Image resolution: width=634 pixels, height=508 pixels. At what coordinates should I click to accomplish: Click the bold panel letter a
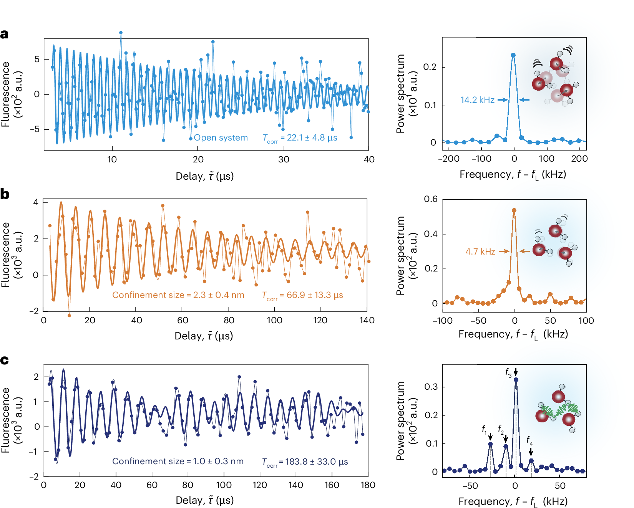click(x=4, y=35)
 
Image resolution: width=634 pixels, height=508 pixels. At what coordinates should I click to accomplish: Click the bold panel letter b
click(x=5, y=194)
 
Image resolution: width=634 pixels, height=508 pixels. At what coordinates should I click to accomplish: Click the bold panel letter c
click(x=4, y=360)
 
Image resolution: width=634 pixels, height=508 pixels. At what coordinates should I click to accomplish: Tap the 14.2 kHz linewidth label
click(x=477, y=100)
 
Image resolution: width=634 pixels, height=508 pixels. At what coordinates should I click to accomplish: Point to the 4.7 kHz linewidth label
click(x=480, y=252)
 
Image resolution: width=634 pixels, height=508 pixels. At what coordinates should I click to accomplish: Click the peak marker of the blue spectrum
click(x=513, y=55)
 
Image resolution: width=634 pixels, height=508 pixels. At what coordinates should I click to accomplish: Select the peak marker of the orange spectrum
click(x=514, y=210)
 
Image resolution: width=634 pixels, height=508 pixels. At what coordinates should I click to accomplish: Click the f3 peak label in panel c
click(x=508, y=372)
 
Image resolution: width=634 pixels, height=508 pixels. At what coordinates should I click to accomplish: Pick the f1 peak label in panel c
click(x=485, y=429)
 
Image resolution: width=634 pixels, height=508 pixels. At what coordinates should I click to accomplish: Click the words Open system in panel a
click(x=221, y=138)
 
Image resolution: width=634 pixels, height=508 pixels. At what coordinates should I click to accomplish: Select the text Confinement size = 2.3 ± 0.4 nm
click(x=178, y=295)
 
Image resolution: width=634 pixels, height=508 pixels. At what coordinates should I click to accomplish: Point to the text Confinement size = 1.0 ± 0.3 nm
click(x=178, y=462)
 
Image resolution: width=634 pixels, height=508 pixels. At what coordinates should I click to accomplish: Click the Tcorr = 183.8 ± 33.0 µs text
click(x=305, y=462)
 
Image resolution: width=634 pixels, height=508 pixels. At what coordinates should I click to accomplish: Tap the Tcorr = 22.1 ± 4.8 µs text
click(x=300, y=138)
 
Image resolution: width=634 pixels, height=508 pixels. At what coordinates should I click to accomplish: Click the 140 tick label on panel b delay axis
click(x=367, y=321)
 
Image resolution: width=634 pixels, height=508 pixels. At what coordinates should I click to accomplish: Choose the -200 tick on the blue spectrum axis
click(x=449, y=159)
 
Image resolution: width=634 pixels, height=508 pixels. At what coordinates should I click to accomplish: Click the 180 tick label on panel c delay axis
click(x=368, y=485)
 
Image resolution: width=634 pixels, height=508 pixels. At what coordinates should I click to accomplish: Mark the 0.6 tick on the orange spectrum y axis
click(x=431, y=199)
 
